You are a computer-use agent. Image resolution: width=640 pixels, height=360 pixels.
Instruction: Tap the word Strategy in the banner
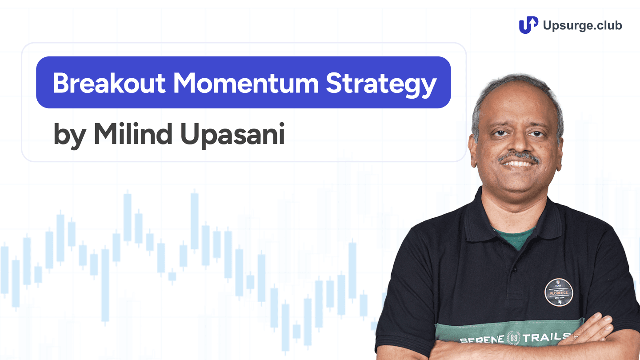[x=381, y=84]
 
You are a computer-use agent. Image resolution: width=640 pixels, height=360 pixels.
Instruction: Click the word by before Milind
[x=68, y=135]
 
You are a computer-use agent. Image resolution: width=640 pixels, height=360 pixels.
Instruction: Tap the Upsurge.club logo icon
[x=528, y=25]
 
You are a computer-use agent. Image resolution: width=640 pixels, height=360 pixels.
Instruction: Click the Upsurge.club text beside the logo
[x=582, y=25]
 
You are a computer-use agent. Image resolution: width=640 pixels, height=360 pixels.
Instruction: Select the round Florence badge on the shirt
[x=559, y=292]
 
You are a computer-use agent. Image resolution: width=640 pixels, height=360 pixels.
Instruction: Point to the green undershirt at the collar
[x=516, y=238]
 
